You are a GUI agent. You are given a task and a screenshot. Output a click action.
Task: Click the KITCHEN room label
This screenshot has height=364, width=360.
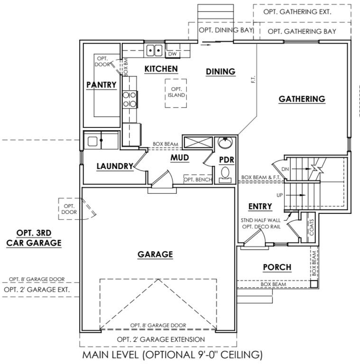click(x=161, y=69)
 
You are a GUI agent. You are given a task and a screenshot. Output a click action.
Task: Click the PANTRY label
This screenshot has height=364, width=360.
click(x=102, y=85)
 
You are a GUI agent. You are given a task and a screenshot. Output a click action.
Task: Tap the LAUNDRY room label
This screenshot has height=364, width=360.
click(x=115, y=166)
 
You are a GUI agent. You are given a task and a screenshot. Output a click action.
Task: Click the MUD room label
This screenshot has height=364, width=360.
click(x=180, y=158)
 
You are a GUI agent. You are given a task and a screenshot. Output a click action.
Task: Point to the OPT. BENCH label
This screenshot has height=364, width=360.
click(x=197, y=180)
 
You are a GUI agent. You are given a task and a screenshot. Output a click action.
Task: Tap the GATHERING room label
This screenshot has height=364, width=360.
click(x=302, y=99)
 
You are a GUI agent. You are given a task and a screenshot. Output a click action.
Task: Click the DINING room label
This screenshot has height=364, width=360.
click(x=221, y=72)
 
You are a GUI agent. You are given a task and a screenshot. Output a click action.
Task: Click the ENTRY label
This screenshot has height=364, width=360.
click(x=260, y=206)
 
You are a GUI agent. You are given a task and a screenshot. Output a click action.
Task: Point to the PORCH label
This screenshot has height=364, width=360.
click(x=277, y=267)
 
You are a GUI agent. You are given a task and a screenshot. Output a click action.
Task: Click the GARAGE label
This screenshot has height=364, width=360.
click(x=155, y=255)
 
